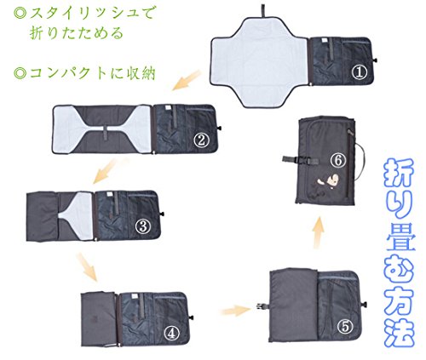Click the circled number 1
coord(360,72)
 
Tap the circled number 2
coord(201,140)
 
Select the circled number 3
coord(143,226)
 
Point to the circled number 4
coord(172,333)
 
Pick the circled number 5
coord(345,327)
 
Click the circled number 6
coord(338,161)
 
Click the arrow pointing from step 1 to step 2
coord(186,81)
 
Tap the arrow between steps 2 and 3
coord(106,171)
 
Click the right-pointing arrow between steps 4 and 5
coord(236,310)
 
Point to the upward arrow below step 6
coord(319,232)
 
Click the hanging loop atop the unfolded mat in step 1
coord(264,11)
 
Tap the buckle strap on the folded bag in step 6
coord(301,160)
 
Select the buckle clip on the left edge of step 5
coord(262,306)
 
